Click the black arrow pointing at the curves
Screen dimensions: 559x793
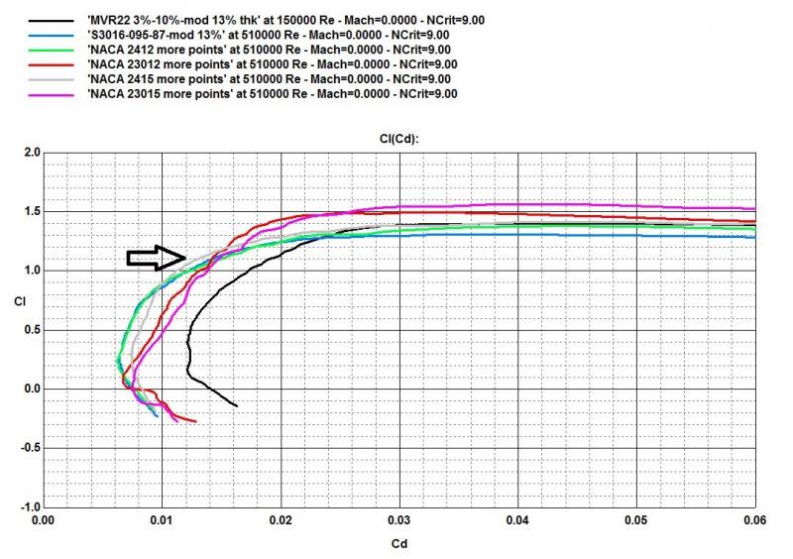(157, 258)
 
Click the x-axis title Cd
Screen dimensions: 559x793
(397, 543)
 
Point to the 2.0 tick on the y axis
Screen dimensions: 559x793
(30, 153)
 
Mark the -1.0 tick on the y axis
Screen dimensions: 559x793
(28, 506)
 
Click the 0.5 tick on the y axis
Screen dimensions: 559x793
(30, 330)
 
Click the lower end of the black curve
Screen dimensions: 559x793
(237, 405)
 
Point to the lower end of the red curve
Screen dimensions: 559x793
(195, 421)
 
